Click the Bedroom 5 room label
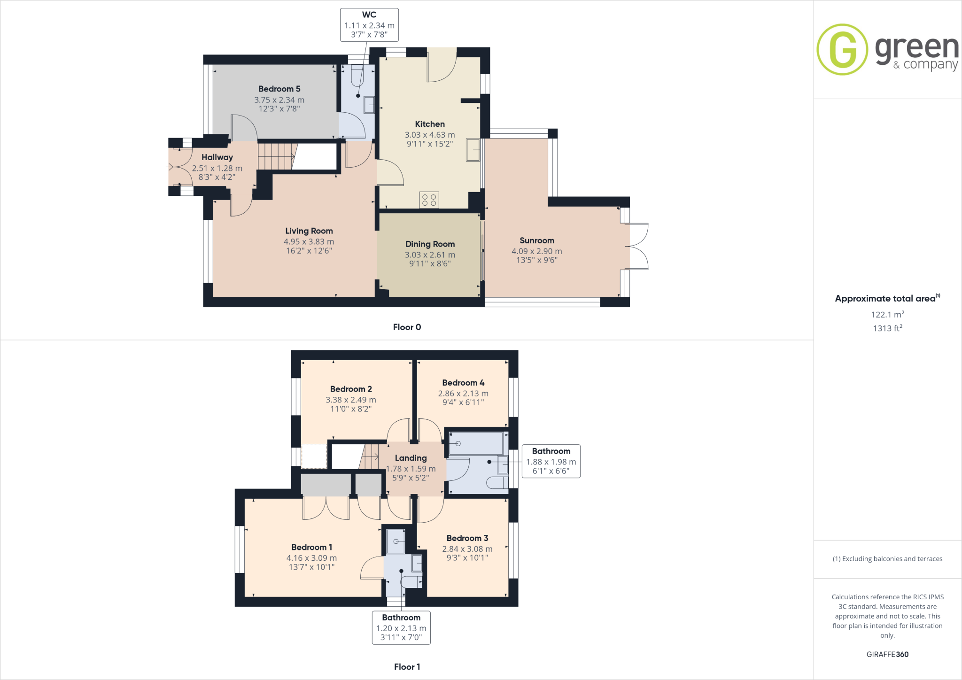pos(279,89)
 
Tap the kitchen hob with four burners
pos(429,200)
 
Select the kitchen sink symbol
pos(473,150)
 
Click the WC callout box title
pos(369,15)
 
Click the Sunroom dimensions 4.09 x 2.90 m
pos(536,251)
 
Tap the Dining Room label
pos(430,244)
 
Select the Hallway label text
pos(217,157)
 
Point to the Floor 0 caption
pos(407,327)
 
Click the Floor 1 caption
pos(407,667)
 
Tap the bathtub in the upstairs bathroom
pos(475,443)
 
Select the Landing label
pos(411,458)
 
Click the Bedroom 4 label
pos(463,383)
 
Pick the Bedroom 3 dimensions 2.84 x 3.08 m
pos(467,549)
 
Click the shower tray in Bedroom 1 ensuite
pos(396,541)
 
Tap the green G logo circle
pos(842,50)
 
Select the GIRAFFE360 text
pos(887,654)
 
